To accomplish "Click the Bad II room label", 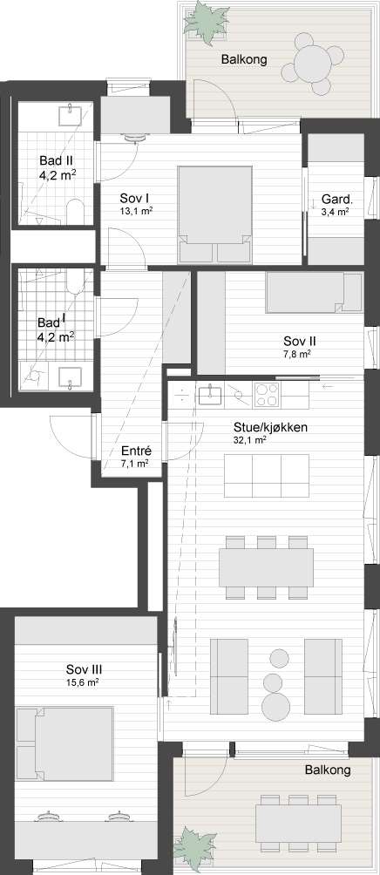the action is tap(56, 160).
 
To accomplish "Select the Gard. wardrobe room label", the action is tap(335, 200).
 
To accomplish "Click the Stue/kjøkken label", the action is tap(271, 427).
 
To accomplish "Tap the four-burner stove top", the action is tap(268, 396).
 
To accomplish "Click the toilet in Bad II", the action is tap(75, 213).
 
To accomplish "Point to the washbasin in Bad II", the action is tap(72, 114).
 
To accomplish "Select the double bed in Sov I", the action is tap(214, 214).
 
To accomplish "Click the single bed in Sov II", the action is tap(314, 292).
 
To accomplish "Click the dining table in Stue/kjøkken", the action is tap(266, 567).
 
